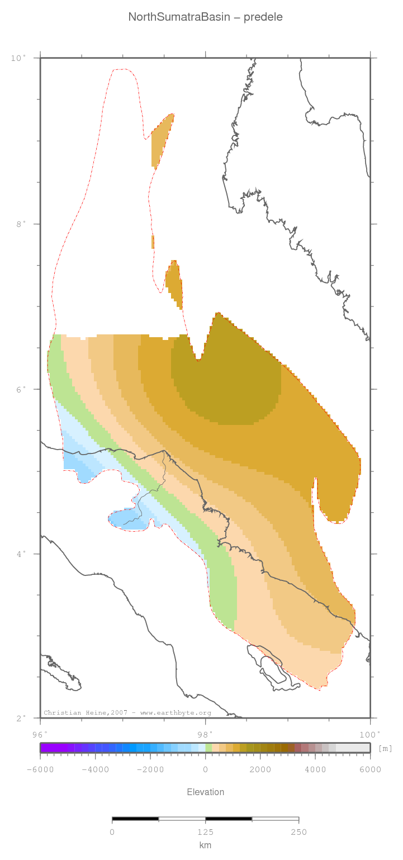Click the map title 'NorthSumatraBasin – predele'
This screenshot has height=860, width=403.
click(206, 17)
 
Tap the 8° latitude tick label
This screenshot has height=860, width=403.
click(21, 224)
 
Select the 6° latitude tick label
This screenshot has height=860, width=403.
click(21, 389)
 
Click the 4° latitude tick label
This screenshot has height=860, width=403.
click(21, 554)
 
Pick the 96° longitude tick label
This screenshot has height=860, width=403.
click(40, 734)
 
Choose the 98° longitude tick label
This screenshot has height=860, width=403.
click(205, 734)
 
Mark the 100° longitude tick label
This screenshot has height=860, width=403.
click(370, 734)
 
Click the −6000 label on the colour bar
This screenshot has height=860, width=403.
click(40, 769)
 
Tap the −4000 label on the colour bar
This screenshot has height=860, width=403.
click(95, 769)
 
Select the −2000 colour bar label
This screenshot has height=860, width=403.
click(150, 769)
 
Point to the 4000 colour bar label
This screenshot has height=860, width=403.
click(315, 769)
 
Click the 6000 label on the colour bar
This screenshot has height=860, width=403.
click(370, 769)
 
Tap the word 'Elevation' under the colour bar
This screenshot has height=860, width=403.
click(205, 792)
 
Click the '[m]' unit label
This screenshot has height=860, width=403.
click(385, 748)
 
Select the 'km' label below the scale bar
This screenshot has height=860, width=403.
click(205, 845)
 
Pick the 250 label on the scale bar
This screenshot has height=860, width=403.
click(298, 832)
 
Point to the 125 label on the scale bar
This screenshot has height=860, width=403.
click(205, 832)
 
